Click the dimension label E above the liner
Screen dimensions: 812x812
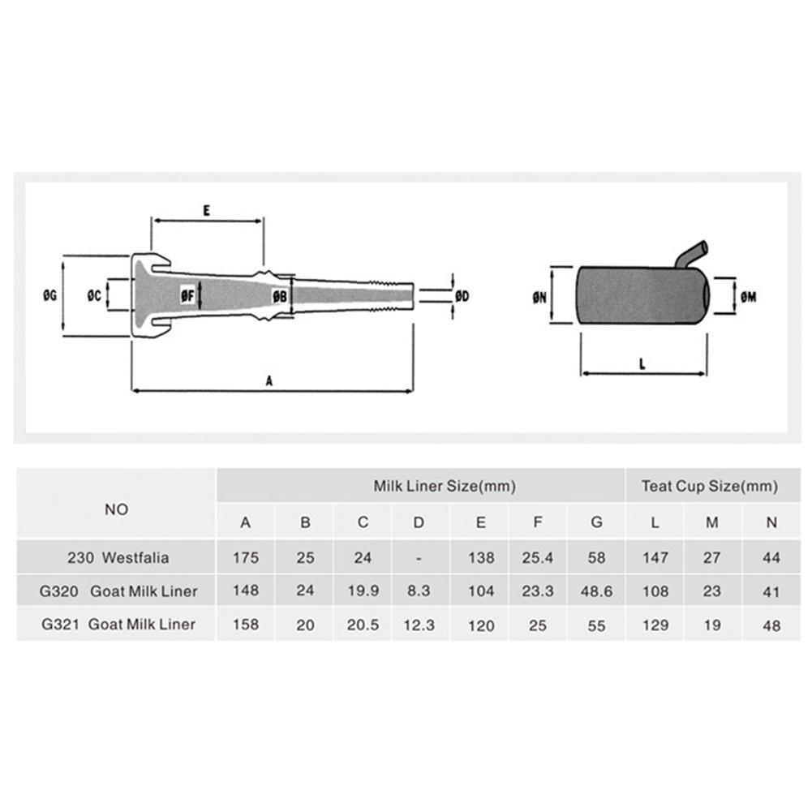pyautogui.click(x=207, y=211)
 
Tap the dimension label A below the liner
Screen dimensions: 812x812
pyautogui.click(x=269, y=381)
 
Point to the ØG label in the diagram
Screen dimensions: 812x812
pyautogui.click(x=49, y=296)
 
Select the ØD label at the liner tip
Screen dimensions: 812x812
pyautogui.click(x=462, y=296)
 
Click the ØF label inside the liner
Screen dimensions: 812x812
pyautogui.click(x=187, y=296)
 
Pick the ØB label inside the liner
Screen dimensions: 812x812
pyautogui.click(x=280, y=296)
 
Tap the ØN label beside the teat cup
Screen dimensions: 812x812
pyautogui.click(x=539, y=297)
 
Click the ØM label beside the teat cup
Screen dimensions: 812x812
pyautogui.click(x=749, y=297)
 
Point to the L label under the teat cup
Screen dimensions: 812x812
pyautogui.click(x=642, y=364)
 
